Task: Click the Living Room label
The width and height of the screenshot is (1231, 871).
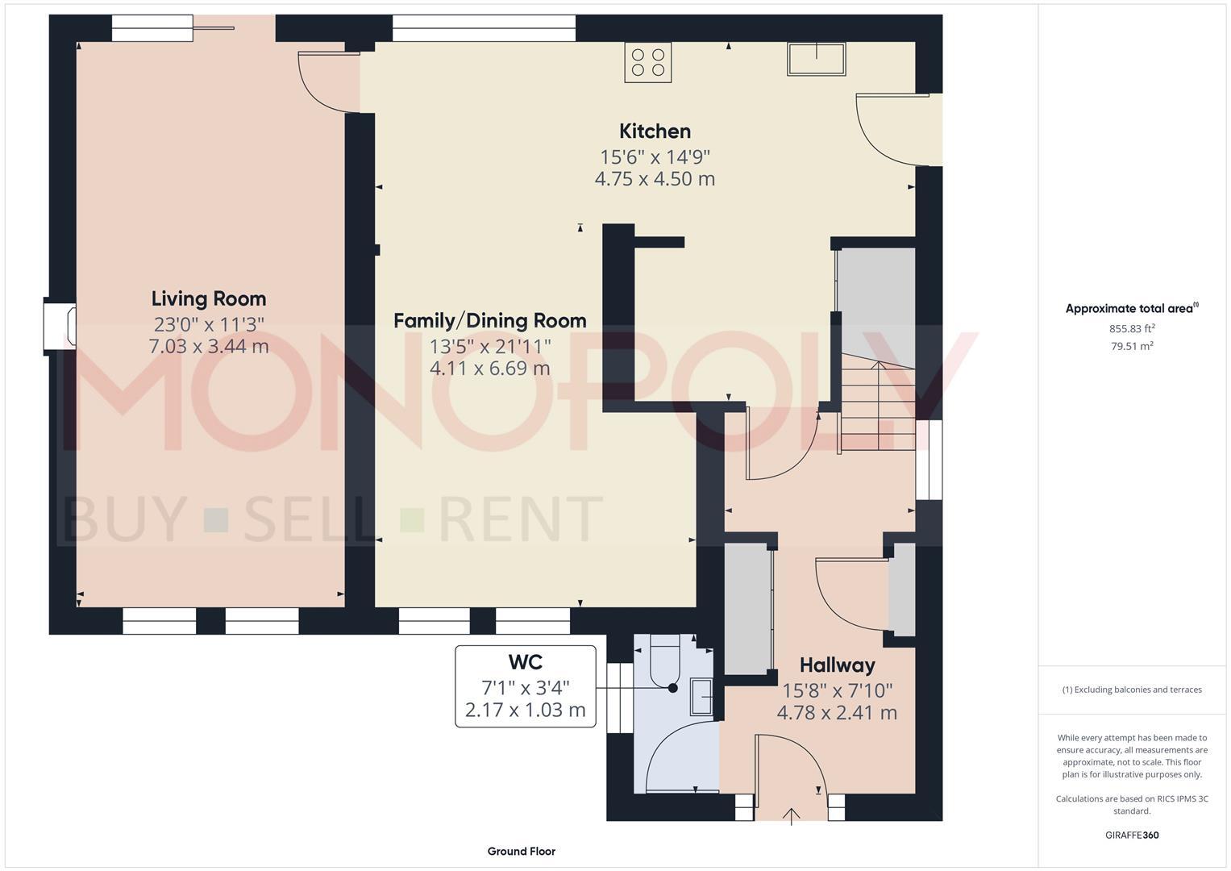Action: pos(209,299)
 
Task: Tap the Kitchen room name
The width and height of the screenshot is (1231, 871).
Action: pos(655,131)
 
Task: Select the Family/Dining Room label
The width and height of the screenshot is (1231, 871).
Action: pos(489,321)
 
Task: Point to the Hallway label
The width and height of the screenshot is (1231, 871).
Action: pos(837,665)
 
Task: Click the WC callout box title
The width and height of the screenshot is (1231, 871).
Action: pos(525,662)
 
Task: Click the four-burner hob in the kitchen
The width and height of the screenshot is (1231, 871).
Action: pos(648,63)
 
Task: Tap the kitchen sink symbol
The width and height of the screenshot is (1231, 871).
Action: pos(817,60)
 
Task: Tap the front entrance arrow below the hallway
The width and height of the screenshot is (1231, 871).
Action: pos(792,816)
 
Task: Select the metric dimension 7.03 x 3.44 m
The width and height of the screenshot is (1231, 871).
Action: pos(209,347)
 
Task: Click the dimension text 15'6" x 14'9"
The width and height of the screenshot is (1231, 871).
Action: pos(655,156)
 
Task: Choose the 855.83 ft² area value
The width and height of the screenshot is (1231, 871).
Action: pos(1132,328)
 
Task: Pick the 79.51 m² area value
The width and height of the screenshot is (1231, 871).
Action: pos(1132,346)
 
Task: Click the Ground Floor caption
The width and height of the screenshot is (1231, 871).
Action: pos(521,851)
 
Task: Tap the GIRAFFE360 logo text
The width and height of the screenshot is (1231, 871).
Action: pos(1132,835)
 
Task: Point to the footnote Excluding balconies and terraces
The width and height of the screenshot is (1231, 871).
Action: pos(1132,690)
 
